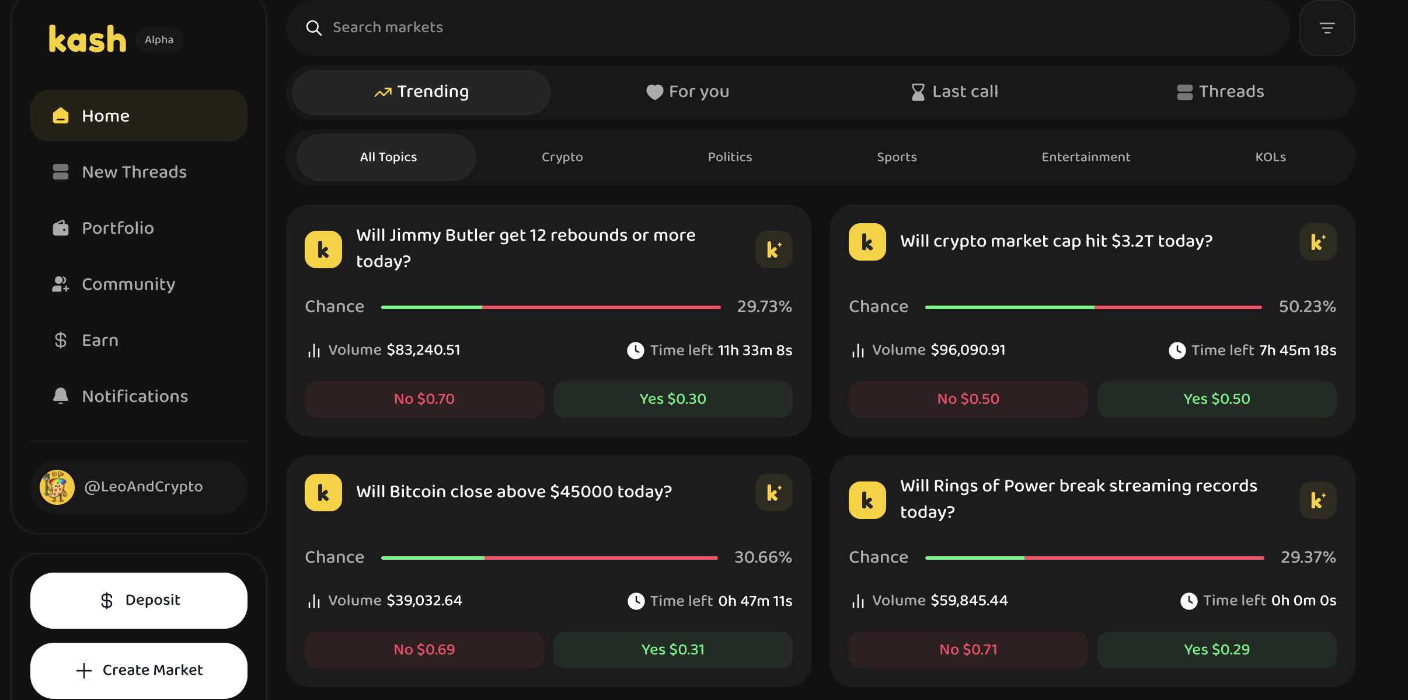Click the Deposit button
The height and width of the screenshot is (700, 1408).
click(139, 600)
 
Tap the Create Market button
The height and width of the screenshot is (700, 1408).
click(139, 670)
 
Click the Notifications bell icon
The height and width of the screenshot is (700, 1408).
click(61, 396)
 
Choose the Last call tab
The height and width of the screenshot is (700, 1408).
click(955, 92)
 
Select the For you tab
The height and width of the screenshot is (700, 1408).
click(688, 92)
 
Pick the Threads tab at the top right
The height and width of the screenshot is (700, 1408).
click(1221, 92)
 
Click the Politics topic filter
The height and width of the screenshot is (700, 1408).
click(730, 157)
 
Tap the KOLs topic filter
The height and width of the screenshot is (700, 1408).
click(1270, 157)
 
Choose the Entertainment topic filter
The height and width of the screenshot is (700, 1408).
click(1086, 157)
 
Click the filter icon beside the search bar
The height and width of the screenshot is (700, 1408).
click(1327, 28)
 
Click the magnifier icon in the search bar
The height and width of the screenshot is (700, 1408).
click(314, 28)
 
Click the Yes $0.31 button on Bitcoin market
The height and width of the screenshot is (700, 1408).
click(672, 650)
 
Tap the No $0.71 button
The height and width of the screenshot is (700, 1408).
click(968, 650)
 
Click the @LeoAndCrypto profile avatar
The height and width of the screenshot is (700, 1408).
click(57, 487)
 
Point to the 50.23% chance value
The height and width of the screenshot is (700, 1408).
click(1307, 307)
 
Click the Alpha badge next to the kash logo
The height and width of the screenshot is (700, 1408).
click(159, 40)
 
